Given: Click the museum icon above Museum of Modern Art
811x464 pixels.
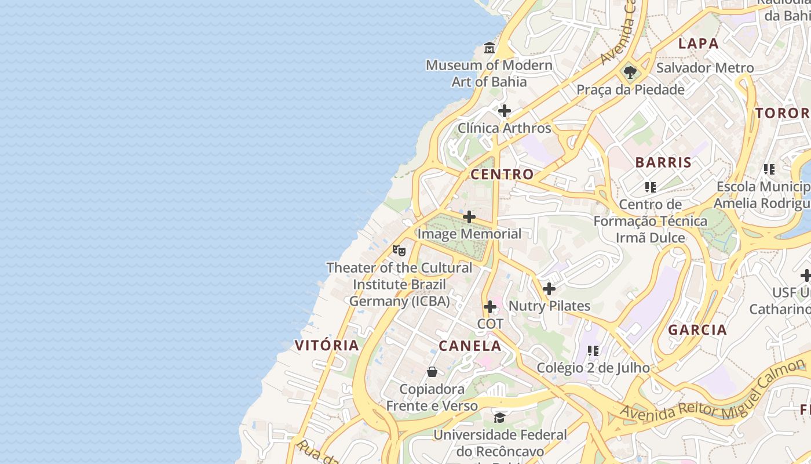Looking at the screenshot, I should coord(489,48).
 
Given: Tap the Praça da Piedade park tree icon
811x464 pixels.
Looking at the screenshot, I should coord(630,72).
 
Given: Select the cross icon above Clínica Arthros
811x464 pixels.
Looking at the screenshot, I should coord(505,110).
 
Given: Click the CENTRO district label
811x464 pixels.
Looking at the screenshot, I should coord(502,174).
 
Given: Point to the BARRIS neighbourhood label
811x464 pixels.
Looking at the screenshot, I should coord(663,162).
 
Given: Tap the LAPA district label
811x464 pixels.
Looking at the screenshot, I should coord(698,43).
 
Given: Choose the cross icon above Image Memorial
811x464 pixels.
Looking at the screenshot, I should coord(469,217).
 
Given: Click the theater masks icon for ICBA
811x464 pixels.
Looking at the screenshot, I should coord(399,251).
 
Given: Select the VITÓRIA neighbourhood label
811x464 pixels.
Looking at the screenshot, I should coord(327,345).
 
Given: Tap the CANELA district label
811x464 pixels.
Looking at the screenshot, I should coord(470,346).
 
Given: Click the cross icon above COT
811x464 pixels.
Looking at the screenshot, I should coord(490,306).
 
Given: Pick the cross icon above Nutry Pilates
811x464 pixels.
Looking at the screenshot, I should coord(549,288).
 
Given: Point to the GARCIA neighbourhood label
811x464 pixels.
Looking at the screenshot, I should coord(697,330).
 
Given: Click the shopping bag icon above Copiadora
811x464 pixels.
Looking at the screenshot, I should coord(432,372).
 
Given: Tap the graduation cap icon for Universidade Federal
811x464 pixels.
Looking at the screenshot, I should coord(499,417).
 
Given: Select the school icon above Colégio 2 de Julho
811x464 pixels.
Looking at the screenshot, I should coord(593,350).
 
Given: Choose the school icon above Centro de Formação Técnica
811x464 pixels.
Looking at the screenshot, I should coord(651,187).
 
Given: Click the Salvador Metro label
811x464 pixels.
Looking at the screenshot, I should coord(705,68).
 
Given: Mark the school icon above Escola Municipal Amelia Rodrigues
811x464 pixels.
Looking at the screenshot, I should coord(769,169).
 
